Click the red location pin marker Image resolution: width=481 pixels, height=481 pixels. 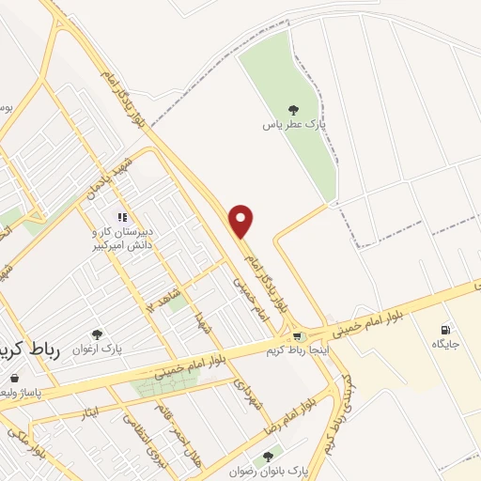(242, 221)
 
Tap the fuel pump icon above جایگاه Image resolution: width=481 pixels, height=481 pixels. (444, 329)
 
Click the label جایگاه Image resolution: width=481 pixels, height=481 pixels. (444, 345)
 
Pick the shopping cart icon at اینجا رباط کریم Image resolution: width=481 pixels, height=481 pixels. (298, 336)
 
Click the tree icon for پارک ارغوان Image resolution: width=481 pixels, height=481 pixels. (97, 334)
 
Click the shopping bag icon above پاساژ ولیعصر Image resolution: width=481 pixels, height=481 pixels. (13, 378)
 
